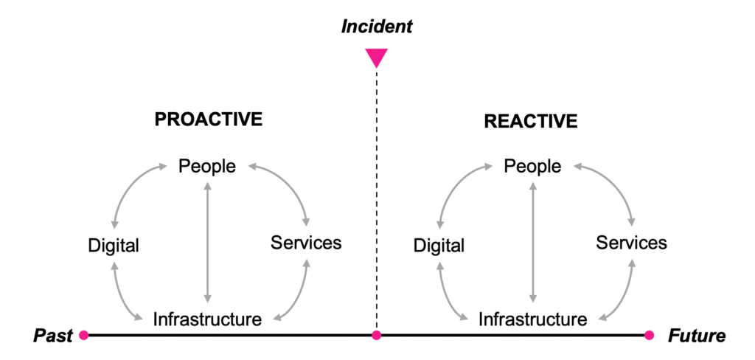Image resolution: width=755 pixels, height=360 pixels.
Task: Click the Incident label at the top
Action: point(377,27)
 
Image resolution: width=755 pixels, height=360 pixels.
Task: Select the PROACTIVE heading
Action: point(209,120)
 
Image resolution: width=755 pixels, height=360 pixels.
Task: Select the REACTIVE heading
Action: point(531,122)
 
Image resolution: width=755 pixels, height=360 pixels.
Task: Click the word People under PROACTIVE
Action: point(207,166)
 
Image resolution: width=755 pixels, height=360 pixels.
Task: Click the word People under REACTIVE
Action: point(532,167)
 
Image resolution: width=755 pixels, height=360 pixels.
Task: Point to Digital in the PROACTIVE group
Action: point(114,245)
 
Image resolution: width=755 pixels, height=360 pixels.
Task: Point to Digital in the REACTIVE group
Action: point(439,245)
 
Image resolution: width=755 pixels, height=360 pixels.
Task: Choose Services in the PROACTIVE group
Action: point(306,242)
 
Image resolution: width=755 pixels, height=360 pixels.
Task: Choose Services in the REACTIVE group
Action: point(631,242)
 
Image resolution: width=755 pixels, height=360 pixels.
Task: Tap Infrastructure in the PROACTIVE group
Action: point(207,319)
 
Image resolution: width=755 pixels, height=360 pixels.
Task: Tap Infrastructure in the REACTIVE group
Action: point(532,319)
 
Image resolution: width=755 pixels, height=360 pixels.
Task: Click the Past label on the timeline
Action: point(53,336)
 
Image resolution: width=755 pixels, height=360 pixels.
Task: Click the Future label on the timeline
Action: point(697,336)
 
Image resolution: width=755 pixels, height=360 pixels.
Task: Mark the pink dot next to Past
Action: point(83,336)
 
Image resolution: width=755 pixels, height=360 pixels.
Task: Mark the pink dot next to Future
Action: point(649,336)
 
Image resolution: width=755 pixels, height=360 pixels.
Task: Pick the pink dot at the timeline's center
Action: point(377,336)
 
